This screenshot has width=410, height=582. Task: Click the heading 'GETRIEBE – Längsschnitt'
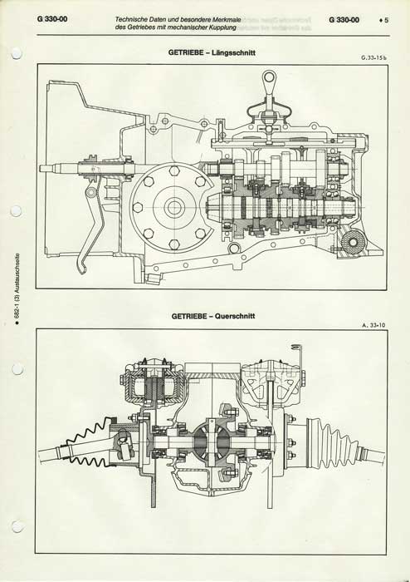pyautogui.click(x=212, y=52)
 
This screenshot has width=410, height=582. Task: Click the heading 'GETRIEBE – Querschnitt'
pyautogui.click(x=213, y=316)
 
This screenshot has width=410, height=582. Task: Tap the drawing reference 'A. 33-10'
pyautogui.click(x=374, y=325)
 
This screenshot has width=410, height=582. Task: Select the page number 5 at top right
pyautogui.click(x=386, y=20)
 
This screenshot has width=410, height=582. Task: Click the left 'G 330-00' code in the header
pyautogui.click(x=52, y=19)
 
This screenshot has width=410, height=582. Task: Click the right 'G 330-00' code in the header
pyautogui.click(x=344, y=20)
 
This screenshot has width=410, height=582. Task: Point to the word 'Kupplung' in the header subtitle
pyautogui.click(x=224, y=27)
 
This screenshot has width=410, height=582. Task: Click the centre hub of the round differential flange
pyautogui.click(x=173, y=208)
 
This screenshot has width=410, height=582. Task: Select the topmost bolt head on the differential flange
pyautogui.click(x=173, y=171)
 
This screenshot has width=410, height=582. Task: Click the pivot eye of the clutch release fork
pyautogui.click(x=91, y=192)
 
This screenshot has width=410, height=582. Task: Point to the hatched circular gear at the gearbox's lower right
pyautogui.click(x=352, y=242)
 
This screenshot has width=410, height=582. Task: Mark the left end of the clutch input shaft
pyautogui.click(x=41, y=168)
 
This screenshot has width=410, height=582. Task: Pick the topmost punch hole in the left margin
pyautogui.click(x=17, y=53)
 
